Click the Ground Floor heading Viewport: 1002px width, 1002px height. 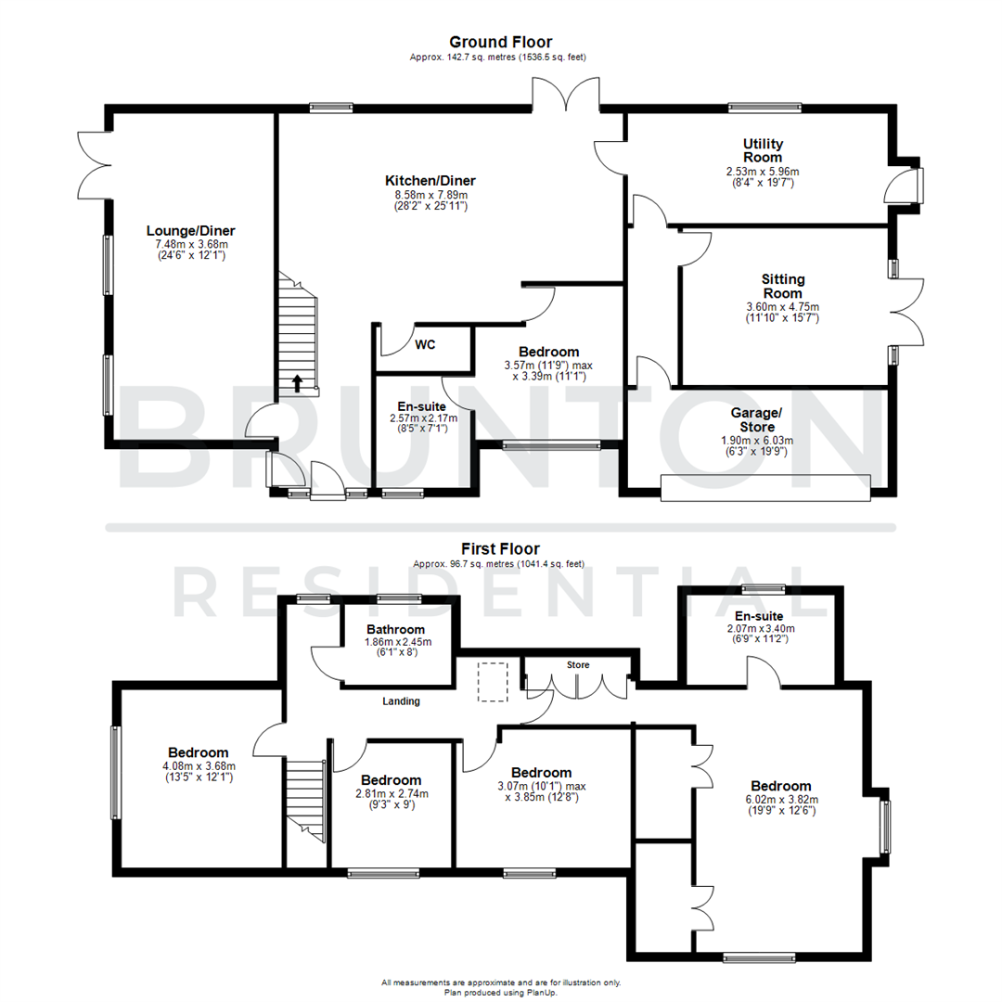click(x=500, y=42)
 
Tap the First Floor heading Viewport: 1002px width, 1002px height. click(x=500, y=548)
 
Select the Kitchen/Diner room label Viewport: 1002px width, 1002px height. click(x=430, y=180)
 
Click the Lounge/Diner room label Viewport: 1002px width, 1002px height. click(x=191, y=230)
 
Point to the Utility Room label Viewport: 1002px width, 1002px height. click(x=763, y=150)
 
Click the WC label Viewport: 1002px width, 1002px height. click(x=425, y=345)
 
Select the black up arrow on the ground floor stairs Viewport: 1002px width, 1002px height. click(x=298, y=382)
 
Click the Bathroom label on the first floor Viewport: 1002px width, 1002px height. click(x=395, y=629)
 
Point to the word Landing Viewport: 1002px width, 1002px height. click(x=401, y=701)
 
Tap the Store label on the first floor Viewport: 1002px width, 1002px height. click(x=578, y=664)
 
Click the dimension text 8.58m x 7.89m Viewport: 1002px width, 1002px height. click(x=430, y=195)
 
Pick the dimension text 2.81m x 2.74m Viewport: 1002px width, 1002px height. click(x=391, y=793)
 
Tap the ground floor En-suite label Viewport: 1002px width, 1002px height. click(x=422, y=406)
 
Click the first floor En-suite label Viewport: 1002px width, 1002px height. click(x=758, y=615)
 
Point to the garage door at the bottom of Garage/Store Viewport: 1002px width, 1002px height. click(x=765, y=488)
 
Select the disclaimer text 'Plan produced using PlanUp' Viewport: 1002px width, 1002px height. click(x=500, y=991)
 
